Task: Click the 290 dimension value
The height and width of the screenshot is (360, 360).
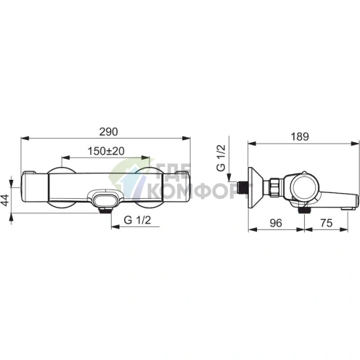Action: point(109,132)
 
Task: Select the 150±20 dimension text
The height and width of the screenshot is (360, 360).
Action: point(106,151)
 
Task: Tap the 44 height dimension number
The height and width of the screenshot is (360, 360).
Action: point(5,200)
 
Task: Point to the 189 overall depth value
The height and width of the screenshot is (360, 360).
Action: point(300,137)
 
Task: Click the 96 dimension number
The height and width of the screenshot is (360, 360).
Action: point(276,223)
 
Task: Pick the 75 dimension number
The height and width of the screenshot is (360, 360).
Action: point(327,223)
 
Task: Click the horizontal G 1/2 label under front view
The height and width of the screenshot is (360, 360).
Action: point(137,220)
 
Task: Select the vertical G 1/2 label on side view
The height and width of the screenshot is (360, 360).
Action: point(221,157)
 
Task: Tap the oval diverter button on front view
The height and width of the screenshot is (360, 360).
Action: point(105,200)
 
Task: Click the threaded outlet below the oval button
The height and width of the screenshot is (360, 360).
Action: point(105,210)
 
